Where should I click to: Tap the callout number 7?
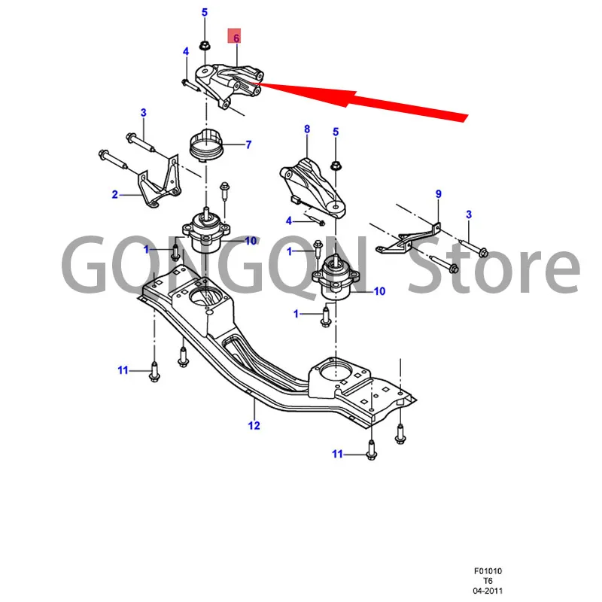pyautogui.click(x=248, y=144)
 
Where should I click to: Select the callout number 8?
pyautogui.click(x=307, y=129)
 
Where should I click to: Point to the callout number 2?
pyautogui.click(x=115, y=195)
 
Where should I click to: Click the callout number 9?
pyautogui.click(x=439, y=194)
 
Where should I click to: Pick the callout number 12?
pyautogui.click(x=254, y=426)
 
